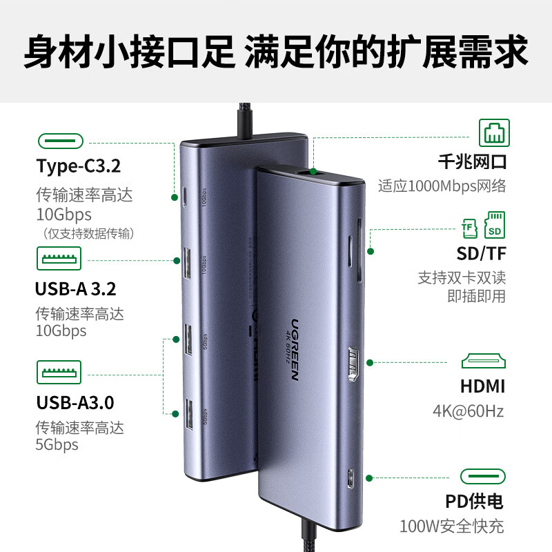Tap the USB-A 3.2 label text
75,287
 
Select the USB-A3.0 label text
75,402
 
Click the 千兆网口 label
473,162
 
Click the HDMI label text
482,386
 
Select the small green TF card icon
469,226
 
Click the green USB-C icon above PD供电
482,477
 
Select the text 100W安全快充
452,526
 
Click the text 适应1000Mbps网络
442,186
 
